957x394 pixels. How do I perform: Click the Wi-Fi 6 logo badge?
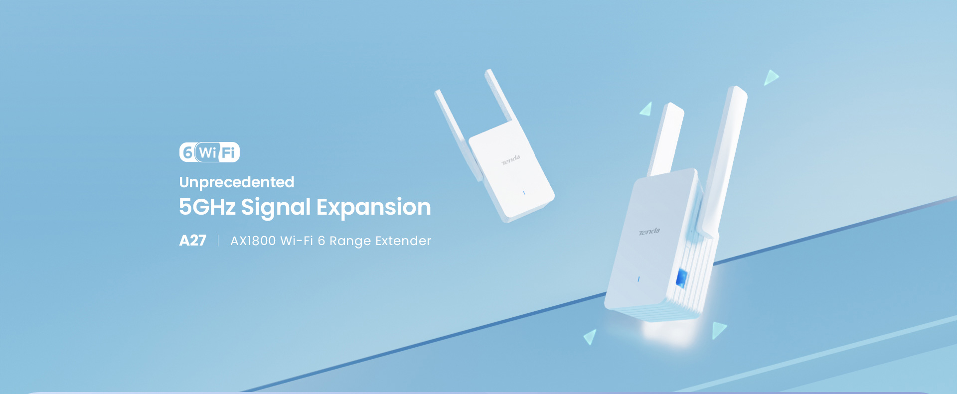coord(209,152)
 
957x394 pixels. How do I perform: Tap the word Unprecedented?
coord(237,182)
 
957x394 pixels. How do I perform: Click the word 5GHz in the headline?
coord(207,207)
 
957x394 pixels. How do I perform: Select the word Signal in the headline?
coord(276,208)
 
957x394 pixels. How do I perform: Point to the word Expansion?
coord(374,208)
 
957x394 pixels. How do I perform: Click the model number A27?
coord(193,241)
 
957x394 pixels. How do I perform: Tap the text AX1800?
coord(253,241)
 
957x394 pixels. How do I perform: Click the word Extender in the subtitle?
coord(403,241)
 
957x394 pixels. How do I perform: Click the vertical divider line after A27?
coord(218,241)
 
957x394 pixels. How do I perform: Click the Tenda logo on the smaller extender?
coord(510,160)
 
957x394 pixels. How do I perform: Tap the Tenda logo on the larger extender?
coord(649,232)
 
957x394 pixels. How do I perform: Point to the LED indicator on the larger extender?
coord(638,279)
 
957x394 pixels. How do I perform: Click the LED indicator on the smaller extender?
coord(524,193)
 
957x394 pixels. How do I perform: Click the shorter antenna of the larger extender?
coord(666,139)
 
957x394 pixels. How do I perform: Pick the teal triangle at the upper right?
coord(771,77)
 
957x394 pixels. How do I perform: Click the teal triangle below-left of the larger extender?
coord(591,337)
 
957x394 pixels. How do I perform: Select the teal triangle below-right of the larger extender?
coord(719,330)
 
